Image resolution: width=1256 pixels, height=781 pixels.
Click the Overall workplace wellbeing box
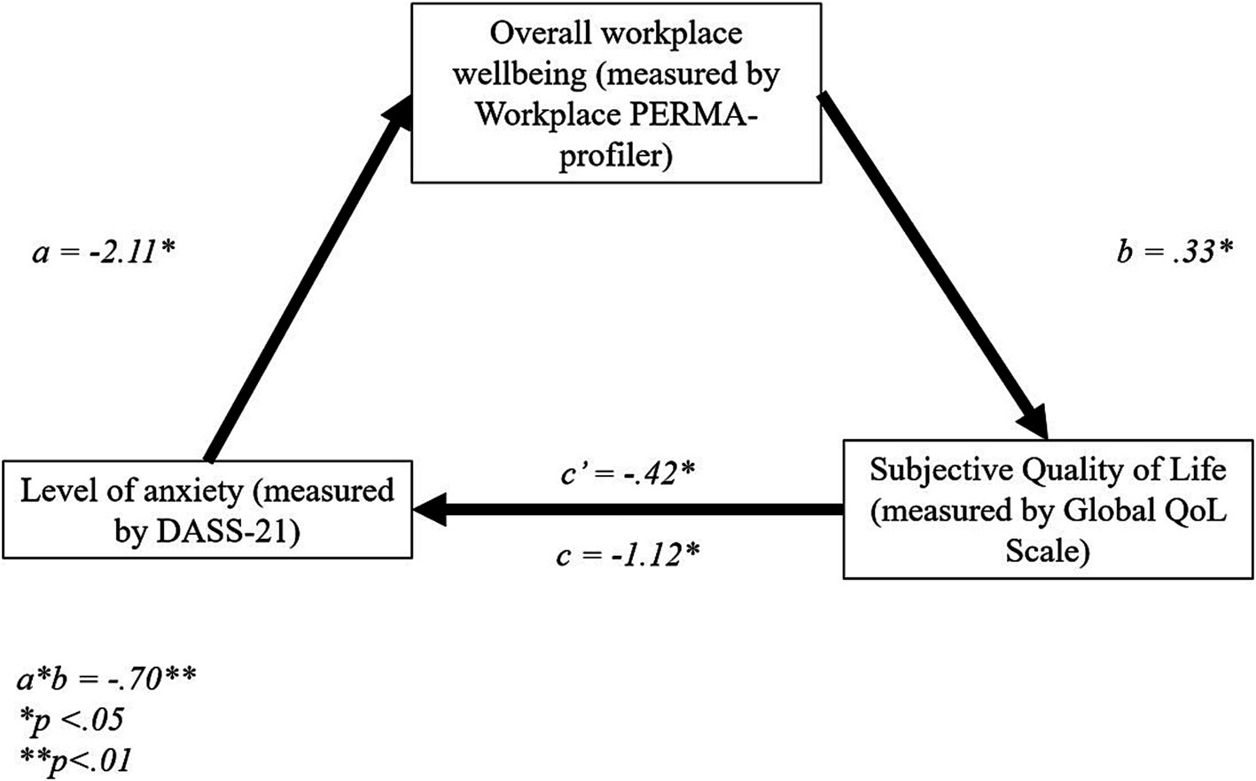coord(616,92)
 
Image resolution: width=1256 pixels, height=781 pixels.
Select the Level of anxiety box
coord(207,510)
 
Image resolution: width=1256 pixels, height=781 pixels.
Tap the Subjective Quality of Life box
coord(1048,509)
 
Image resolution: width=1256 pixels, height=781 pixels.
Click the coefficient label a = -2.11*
coord(104,254)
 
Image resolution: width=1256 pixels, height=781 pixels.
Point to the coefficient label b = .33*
coord(1174,254)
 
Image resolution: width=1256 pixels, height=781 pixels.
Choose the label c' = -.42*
coord(627,473)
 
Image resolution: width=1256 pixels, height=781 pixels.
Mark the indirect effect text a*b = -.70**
coord(106,680)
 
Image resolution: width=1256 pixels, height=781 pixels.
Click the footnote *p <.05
coord(71,719)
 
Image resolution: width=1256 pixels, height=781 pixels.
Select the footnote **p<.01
coord(76,759)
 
